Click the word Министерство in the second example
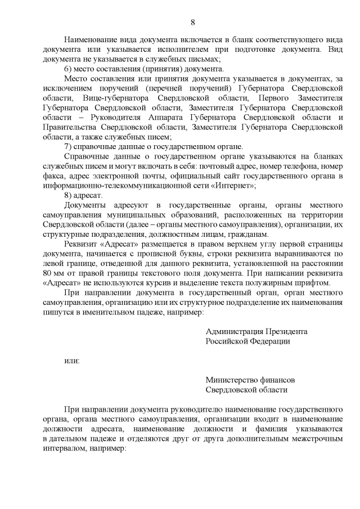coord(232,380)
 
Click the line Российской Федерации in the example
coord(247,341)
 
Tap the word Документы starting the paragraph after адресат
coord(85,205)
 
